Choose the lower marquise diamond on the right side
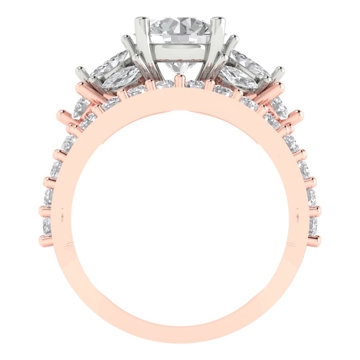coord(239,77)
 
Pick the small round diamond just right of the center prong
coord(194,84)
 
